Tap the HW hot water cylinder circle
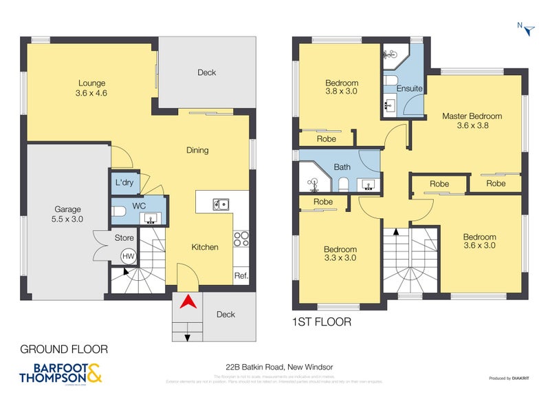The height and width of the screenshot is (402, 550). pos(128,256)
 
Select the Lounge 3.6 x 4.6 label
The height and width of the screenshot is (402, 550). pos(91,87)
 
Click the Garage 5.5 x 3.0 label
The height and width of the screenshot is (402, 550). pos(68,214)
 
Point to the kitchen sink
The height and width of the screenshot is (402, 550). pos(221,203)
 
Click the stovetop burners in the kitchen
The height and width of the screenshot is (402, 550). pos(241,238)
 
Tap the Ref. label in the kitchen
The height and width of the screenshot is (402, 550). pos(241,276)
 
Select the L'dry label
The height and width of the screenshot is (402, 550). pos(124,183)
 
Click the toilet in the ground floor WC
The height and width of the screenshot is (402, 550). pos(118,212)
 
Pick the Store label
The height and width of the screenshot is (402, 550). pos(124,238)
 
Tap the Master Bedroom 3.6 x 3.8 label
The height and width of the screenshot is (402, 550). pos(472,121)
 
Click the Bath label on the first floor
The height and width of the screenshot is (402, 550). pos(342,167)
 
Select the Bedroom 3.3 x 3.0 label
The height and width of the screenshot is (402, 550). pos(340,253)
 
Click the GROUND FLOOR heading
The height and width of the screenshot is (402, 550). pos(63,349)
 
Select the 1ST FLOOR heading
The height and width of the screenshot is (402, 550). pos(322,321)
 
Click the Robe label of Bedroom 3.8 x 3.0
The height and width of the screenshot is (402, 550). pos(326,138)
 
